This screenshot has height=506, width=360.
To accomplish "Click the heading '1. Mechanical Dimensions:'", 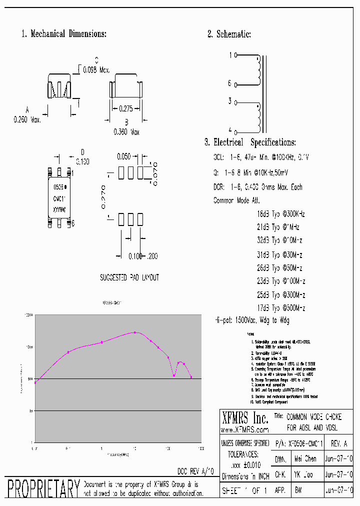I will point(63,34).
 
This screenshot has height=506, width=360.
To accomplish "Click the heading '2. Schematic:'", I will point(229,34).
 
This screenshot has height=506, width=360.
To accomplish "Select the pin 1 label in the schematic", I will point(230,55).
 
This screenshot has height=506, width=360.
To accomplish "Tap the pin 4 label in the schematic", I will point(230,129).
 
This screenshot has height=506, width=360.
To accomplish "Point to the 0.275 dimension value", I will point(126,108).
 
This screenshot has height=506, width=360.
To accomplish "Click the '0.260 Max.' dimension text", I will point(27,120).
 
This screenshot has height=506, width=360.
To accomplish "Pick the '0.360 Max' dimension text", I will point(126,132).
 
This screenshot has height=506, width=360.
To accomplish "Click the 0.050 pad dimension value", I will point(123,156).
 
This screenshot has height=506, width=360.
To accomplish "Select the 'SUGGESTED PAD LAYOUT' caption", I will point(129,277).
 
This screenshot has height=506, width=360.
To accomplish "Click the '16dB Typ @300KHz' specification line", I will point(280,213).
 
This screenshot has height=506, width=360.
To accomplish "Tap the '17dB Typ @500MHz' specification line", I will point(280,308).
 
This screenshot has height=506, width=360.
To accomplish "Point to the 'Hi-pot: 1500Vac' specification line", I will point(252,320).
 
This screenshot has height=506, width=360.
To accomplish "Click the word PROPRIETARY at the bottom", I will point(43,488).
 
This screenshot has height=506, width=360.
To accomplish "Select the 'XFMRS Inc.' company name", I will point(244,417).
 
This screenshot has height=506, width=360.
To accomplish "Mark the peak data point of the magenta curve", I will point(135,332).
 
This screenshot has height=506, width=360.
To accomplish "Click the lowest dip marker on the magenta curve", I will point(174,375).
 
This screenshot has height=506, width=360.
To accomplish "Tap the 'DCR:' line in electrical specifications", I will point(258,187).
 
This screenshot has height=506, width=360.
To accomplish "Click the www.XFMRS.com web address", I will point(244,429).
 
